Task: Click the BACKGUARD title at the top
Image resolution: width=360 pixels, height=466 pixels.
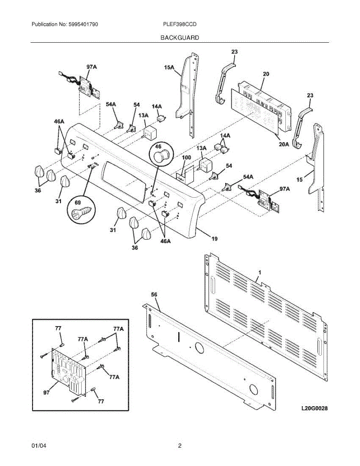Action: pyautogui.click(x=180, y=38)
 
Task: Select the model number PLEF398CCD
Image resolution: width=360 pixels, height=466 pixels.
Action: pyautogui.click(x=180, y=24)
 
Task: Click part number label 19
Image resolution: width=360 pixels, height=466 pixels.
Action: pyautogui.click(x=214, y=240)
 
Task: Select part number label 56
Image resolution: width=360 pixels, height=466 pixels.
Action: pyautogui.click(x=154, y=295)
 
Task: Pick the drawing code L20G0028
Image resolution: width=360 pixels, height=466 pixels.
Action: pyautogui.click(x=314, y=409)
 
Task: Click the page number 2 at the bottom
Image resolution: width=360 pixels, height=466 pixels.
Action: pyautogui.click(x=180, y=446)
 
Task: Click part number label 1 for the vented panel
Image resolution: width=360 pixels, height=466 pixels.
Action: pyautogui.click(x=259, y=273)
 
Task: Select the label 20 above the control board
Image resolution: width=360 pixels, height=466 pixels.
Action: pyautogui.click(x=266, y=74)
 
